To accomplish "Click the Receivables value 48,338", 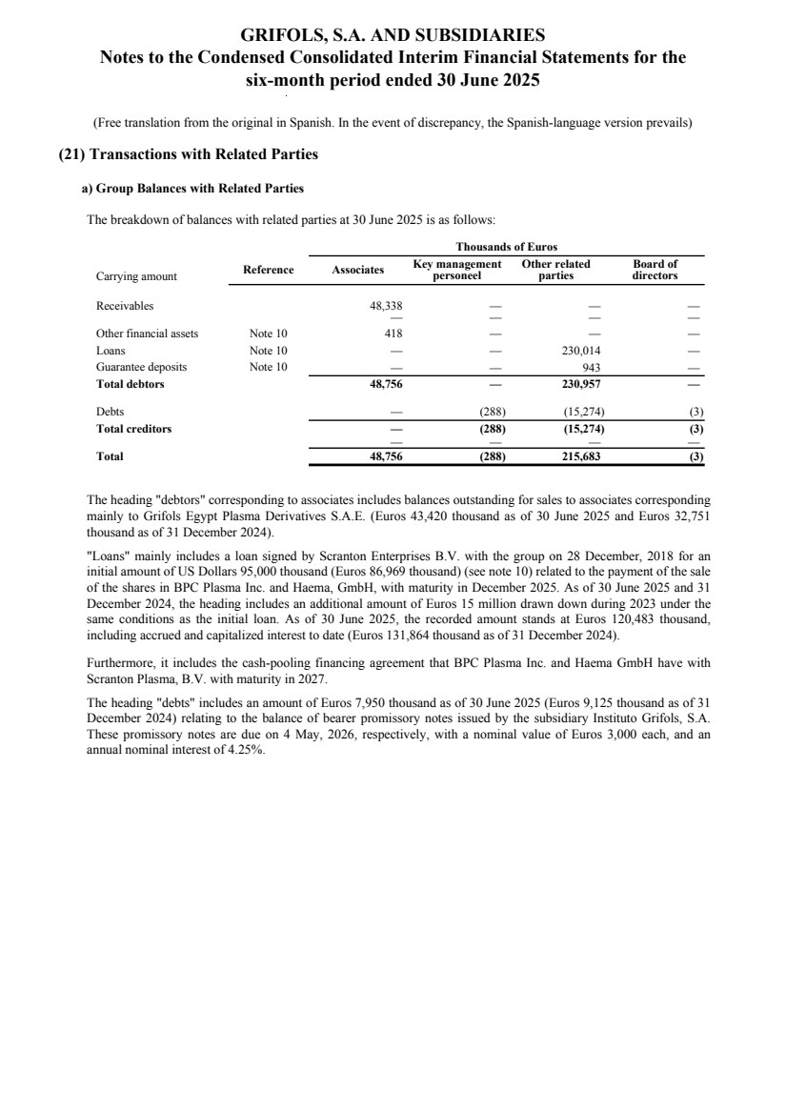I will point(385,306).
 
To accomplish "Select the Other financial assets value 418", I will point(393,334).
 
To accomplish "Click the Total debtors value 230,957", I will point(581,384).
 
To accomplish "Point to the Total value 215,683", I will point(581,456).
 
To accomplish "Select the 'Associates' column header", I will point(357,271).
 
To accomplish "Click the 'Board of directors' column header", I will point(655,270).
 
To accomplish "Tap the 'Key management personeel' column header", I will point(457,270).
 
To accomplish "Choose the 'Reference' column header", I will point(268,271).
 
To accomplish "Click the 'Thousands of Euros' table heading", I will point(506,247).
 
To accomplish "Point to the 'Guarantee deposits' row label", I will point(141,367).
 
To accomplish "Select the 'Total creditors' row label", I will point(133,429).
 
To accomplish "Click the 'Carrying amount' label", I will point(136,276).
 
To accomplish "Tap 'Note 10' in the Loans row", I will point(268,350).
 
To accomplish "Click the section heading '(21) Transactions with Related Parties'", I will point(189,154).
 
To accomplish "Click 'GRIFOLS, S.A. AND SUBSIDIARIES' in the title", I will point(393,36).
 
